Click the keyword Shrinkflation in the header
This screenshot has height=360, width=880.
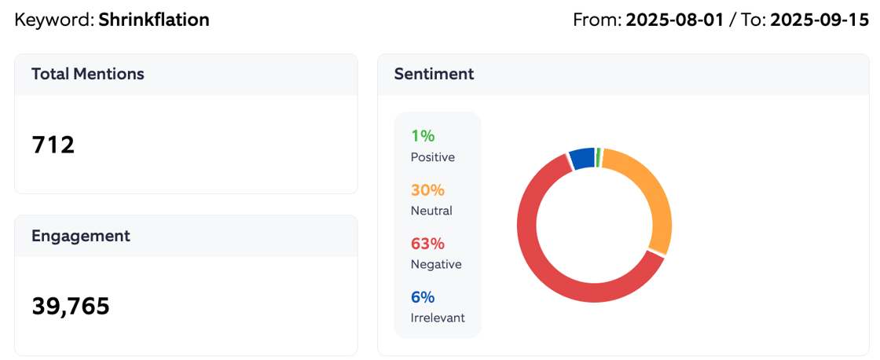click(x=154, y=20)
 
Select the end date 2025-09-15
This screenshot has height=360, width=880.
click(x=819, y=20)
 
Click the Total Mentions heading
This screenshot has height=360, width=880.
click(x=88, y=74)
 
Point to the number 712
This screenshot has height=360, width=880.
click(x=53, y=145)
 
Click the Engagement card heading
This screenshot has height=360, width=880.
click(x=80, y=236)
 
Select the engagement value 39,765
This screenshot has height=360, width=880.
click(x=71, y=306)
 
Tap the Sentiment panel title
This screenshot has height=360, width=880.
click(x=434, y=74)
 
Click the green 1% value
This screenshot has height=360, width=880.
click(x=423, y=136)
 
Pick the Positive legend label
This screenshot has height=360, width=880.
click(x=432, y=157)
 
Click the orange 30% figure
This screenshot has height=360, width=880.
click(x=427, y=190)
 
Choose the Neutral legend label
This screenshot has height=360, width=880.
click(x=431, y=211)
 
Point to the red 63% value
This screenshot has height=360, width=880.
click(x=427, y=244)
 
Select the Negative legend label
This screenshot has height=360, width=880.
click(x=436, y=264)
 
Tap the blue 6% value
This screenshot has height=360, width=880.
click(x=423, y=297)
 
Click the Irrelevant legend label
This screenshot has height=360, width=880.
click(x=438, y=318)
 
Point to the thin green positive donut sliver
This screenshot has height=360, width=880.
click(x=599, y=156)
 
